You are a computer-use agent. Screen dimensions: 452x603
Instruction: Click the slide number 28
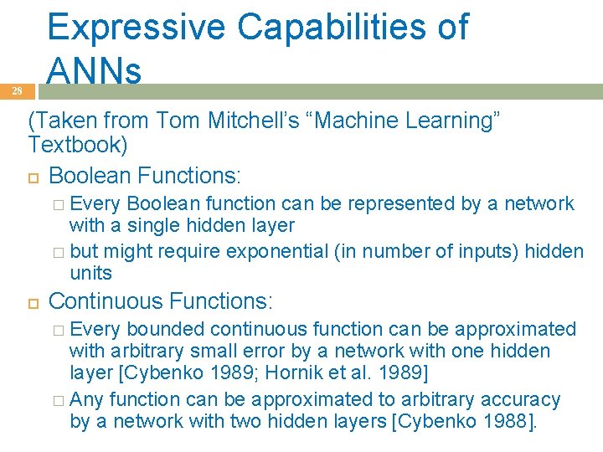[x=17, y=92]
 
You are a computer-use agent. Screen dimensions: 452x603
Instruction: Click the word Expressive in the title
[x=136, y=27]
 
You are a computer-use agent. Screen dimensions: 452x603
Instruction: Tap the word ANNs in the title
[x=94, y=72]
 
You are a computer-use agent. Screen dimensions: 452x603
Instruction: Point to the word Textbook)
[x=78, y=146]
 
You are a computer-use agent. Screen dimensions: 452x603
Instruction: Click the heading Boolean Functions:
[x=145, y=176]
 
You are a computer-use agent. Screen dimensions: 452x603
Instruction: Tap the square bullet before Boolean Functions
[x=33, y=177]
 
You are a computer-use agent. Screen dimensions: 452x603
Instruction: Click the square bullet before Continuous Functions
[x=33, y=301]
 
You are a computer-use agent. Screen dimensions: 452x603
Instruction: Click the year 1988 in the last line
[x=503, y=421]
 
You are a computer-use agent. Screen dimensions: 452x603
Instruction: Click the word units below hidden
[x=90, y=273]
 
